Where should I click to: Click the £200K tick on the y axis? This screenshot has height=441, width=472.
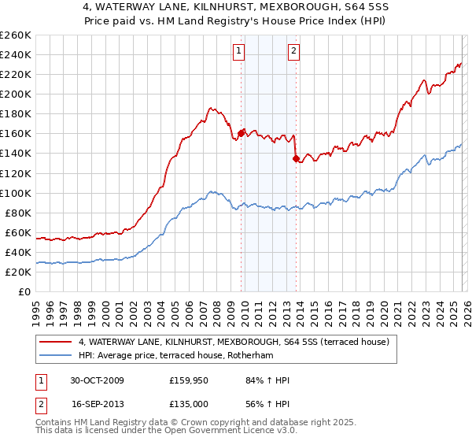coord(16,94)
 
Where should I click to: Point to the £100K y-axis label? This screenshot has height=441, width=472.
coord(16,193)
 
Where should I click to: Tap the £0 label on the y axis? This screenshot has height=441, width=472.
coord(24,291)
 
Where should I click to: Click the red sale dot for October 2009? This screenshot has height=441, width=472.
coord(241,132)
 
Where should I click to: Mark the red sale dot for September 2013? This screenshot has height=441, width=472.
coord(296,158)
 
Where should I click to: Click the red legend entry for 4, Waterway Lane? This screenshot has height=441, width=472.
coord(228,341)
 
